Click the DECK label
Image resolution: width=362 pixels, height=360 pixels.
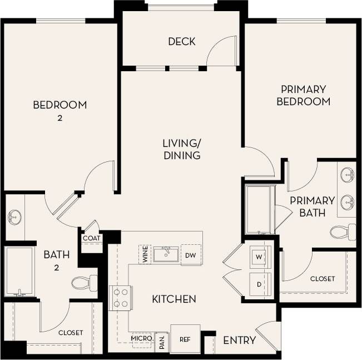(x=181, y=41)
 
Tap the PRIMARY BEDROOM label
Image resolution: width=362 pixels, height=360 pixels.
(x=303, y=95)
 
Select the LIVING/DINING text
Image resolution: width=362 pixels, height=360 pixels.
(x=181, y=149)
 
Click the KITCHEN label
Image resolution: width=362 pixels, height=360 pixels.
(x=173, y=299)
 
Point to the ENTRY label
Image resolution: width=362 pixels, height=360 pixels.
(x=239, y=340)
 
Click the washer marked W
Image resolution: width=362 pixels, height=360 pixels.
(x=259, y=257)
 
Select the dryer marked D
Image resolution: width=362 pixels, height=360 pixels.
(x=259, y=284)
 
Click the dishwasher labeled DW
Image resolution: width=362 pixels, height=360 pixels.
(x=190, y=255)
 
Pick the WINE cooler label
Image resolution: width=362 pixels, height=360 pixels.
(x=145, y=255)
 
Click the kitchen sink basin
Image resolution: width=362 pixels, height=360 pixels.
(x=165, y=255)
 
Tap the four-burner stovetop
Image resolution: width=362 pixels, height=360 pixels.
(x=121, y=298)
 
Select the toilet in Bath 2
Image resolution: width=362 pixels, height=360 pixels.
(x=85, y=283)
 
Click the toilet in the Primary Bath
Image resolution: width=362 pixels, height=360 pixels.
(x=343, y=231)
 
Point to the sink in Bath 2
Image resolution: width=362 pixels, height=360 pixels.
(x=14, y=217)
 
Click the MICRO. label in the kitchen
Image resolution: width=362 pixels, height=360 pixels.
(x=141, y=338)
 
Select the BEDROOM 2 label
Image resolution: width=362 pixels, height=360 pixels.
(x=59, y=110)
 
